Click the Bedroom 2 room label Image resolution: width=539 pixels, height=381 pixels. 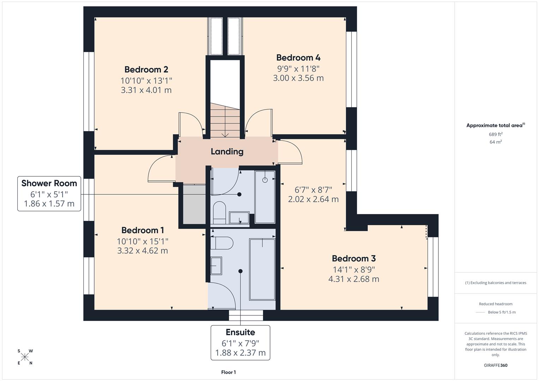pos(146,69)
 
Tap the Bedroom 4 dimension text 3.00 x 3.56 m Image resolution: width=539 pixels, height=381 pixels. pos(298,78)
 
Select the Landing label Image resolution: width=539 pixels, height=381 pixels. pos(227,152)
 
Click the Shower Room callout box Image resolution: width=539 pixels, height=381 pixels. pos(49,194)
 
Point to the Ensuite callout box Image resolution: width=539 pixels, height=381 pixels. pos(240,343)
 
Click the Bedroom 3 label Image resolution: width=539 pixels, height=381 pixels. pos(354,259)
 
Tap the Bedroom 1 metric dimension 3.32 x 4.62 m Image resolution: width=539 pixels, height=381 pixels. pos(143,251)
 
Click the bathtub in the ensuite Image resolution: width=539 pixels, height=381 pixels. pos(262,269)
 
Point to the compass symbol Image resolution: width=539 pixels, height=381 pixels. pos(25,357)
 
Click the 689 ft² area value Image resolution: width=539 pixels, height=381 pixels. pos(496,134)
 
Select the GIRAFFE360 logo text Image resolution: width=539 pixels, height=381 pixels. pos(496,365)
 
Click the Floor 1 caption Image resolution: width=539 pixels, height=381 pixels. pos(228,372)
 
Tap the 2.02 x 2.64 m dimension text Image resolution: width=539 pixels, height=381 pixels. pos(313,199)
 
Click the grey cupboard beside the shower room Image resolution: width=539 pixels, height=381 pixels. pos(194,204)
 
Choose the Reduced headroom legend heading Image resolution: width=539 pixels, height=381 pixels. pos(496,304)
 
